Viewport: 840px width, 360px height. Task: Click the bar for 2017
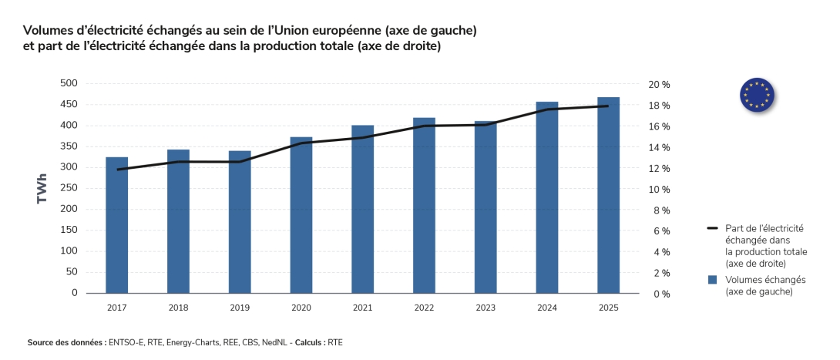tap(117, 225)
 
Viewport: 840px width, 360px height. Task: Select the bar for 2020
tap(301, 215)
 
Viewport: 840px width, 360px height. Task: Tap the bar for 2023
tap(486, 207)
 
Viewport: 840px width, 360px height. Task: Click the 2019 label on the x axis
tap(240, 308)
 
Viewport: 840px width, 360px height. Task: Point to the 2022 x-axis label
tap(424, 308)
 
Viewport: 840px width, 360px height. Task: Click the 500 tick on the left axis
tap(69, 83)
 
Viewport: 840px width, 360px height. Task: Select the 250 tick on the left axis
tap(69, 188)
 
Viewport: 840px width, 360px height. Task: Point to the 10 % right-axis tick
tap(659, 190)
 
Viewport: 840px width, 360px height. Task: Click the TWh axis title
tap(42, 188)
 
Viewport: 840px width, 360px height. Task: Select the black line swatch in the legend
tap(712, 229)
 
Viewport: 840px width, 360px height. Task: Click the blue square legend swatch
tap(712, 279)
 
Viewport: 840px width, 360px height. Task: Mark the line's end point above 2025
tap(608, 106)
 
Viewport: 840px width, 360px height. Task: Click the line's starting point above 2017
tap(117, 170)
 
